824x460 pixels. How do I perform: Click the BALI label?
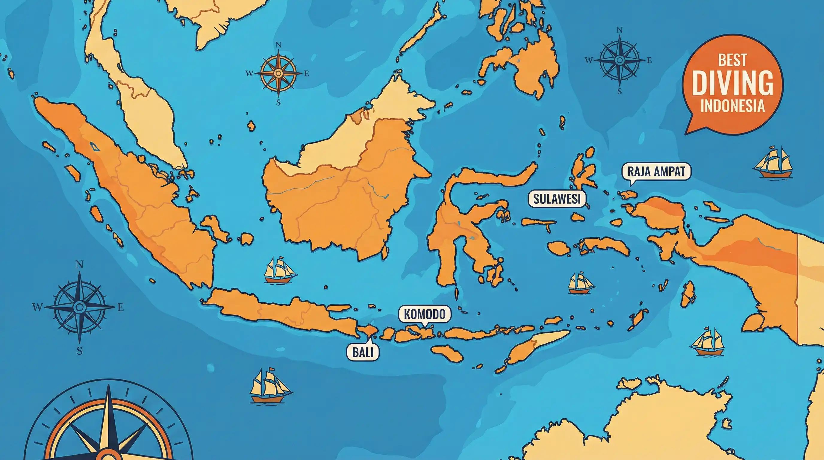click(x=363, y=352)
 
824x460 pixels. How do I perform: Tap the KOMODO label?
click(x=425, y=314)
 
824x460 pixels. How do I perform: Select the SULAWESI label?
click(x=556, y=199)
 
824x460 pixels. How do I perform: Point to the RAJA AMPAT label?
click(x=656, y=172)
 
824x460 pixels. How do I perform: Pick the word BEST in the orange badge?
click(x=732, y=60)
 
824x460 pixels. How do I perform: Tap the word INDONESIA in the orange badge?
click(x=732, y=106)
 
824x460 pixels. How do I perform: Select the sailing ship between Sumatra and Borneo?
click(x=280, y=271)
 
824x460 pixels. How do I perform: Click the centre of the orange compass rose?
click(x=278, y=73)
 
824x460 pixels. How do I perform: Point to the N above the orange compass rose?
click(x=278, y=45)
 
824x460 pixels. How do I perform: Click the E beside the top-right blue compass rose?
click(x=649, y=60)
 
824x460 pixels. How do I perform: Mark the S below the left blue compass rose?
click(x=79, y=351)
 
